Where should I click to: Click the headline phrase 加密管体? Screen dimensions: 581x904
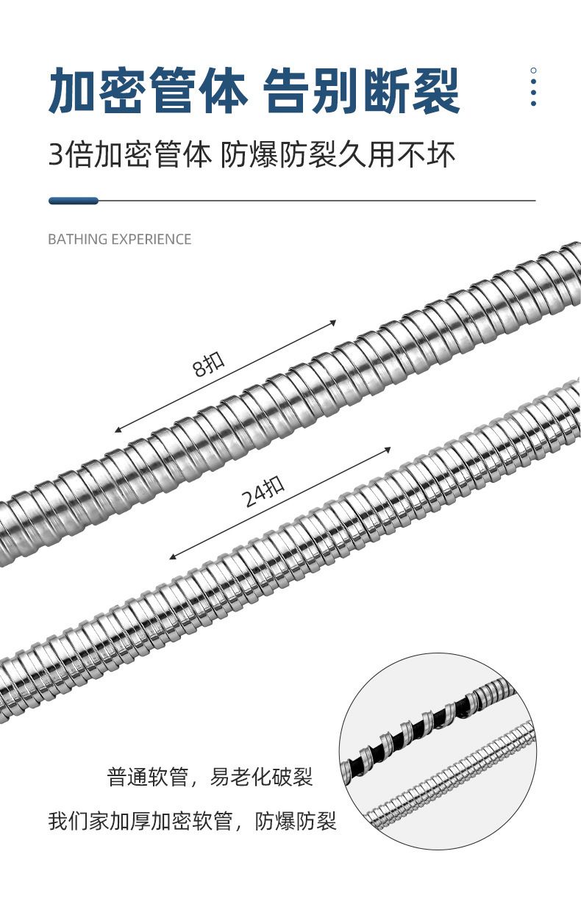click(147, 91)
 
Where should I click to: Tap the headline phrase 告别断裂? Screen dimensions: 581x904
click(362, 91)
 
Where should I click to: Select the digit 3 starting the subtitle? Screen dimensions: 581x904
click(56, 154)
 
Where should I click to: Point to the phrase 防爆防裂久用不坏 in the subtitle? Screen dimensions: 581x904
click(338, 154)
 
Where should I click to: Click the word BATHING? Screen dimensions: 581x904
click(77, 240)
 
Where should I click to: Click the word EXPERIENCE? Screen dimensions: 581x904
click(151, 240)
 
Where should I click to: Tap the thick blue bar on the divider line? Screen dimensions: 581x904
click(74, 201)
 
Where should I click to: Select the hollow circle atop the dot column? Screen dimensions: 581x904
click(533, 71)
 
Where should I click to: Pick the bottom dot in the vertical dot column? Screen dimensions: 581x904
click(533, 104)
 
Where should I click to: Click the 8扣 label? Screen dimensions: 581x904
click(208, 365)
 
